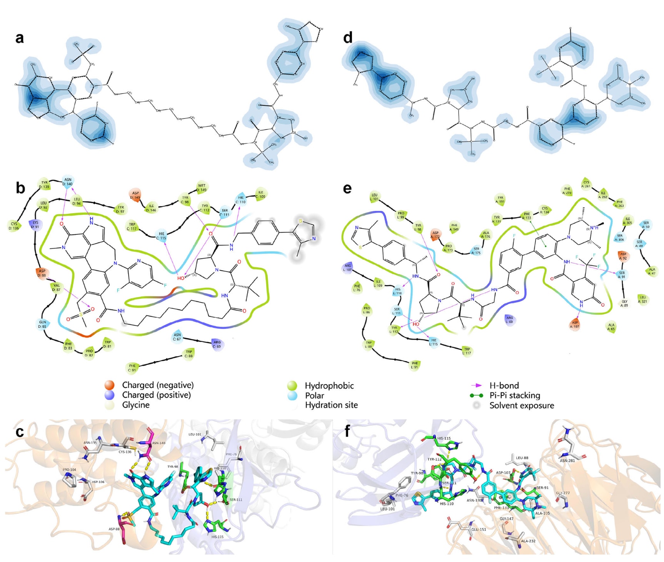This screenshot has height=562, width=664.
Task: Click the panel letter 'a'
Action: click(19, 38)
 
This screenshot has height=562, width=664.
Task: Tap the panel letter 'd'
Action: click(347, 38)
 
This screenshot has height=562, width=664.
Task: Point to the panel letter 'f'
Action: click(347, 431)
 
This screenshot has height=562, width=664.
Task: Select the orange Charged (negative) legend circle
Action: click(110, 385)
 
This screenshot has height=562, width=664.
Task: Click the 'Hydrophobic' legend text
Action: click(329, 385)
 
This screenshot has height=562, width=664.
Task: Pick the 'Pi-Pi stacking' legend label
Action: click(514, 395)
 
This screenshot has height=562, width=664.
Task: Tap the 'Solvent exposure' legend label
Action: click(521, 405)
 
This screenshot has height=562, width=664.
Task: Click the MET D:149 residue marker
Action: click(202, 187)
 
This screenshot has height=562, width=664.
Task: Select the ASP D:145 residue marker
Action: click(135, 195)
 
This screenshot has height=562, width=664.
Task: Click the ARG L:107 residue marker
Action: click(347, 268)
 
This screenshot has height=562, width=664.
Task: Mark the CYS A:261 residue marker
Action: click(586, 184)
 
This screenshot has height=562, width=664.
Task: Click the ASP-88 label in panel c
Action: click(114, 529)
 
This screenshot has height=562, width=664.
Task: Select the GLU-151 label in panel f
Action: click(479, 529)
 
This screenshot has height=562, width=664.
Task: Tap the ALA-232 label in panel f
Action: click(528, 541)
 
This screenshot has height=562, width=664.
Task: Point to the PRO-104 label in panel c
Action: click(69, 470)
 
